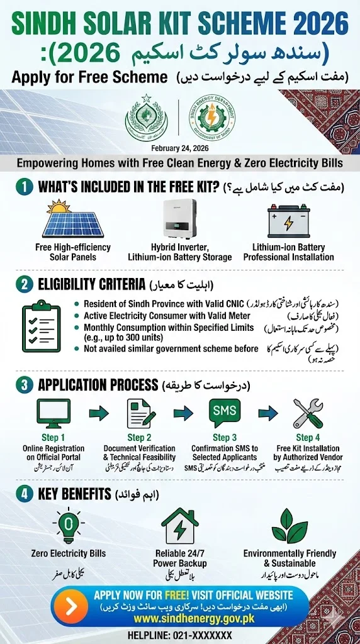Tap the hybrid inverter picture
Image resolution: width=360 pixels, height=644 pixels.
pyautogui.click(x=179, y=219)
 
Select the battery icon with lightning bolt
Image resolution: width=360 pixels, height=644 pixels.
pyautogui.click(x=288, y=222)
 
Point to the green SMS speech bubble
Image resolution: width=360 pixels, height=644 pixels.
pyautogui.click(x=225, y=413)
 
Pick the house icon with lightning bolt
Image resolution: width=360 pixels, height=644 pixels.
pyautogui.click(x=179, y=525)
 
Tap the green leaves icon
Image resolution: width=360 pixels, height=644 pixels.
pyautogui.click(x=289, y=526)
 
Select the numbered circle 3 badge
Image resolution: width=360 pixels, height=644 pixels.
pyautogui.click(x=25, y=384)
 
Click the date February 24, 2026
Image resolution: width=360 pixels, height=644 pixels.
pyautogui.click(x=180, y=148)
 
